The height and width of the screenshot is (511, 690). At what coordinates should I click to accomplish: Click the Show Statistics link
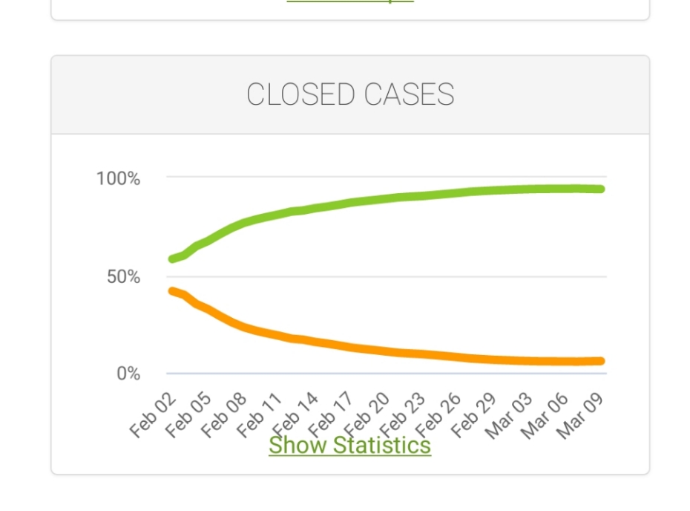[x=349, y=445]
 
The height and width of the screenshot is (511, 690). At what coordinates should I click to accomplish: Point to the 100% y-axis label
[x=118, y=178]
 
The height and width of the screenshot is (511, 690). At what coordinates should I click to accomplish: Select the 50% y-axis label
[x=123, y=277]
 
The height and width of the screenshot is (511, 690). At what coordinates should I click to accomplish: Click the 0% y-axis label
[x=128, y=374]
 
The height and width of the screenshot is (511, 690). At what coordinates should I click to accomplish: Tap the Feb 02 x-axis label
[x=153, y=415]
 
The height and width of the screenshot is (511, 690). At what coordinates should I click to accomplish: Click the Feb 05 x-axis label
[x=188, y=415]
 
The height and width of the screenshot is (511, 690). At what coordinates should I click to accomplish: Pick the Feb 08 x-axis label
[x=224, y=415]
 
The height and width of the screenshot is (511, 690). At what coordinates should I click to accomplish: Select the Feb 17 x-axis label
[x=332, y=415]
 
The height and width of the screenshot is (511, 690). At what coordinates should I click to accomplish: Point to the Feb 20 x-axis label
[x=367, y=415]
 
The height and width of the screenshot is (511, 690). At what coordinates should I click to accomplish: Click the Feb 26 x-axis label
[x=438, y=415]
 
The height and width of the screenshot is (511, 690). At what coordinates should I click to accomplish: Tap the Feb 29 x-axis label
[x=474, y=415]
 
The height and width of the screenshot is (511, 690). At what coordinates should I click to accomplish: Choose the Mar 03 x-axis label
[x=510, y=417]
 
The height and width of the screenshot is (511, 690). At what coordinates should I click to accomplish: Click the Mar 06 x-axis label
[x=545, y=417]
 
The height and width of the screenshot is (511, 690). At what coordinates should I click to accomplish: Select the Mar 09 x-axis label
[x=581, y=417]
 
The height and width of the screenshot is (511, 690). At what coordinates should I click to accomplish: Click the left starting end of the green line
[x=173, y=259]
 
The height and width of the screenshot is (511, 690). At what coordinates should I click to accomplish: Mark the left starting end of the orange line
[x=173, y=291]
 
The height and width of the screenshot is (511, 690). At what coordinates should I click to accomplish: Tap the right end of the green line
[x=600, y=189]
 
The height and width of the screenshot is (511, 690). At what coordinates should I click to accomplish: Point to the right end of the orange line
[x=600, y=361]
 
